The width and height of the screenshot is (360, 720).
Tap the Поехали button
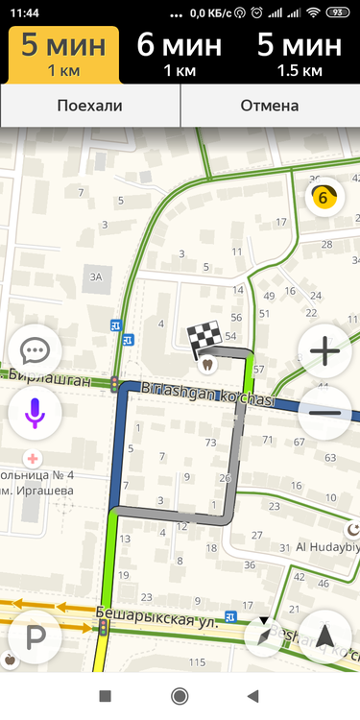coord(90,106)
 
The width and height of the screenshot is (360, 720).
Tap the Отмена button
coord(270,106)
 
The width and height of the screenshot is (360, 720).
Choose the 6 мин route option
coord(180,54)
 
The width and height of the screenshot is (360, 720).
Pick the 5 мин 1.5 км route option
coord(299,54)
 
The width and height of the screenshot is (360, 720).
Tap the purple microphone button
coord(35,412)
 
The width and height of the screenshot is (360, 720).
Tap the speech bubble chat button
coord(35,352)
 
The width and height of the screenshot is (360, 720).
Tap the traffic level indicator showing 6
coord(324,199)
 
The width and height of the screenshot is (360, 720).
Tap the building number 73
coord(211,443)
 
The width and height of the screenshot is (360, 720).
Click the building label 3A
coord(95,277)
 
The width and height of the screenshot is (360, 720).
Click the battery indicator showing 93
coord(337,12)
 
